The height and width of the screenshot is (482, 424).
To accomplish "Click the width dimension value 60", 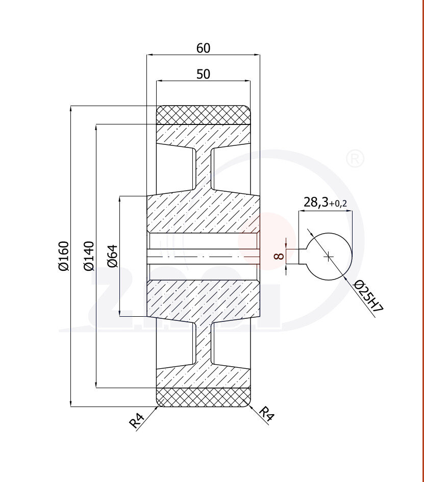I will coord(203,48).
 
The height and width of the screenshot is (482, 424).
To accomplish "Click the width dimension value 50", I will coord(203,74).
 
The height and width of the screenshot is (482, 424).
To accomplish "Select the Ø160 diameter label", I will coord(63,256).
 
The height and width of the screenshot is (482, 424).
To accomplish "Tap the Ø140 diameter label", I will coord(88,256).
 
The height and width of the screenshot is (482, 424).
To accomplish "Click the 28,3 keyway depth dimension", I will coord(316,202).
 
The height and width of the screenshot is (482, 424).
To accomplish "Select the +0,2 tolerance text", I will coord(338,204).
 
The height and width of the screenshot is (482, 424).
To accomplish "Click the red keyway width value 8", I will coord(279,256).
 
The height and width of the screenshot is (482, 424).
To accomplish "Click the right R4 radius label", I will coord(267,414).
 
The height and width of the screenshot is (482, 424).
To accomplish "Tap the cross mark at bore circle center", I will coord(329,256).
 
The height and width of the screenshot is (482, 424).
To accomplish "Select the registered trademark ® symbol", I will coord(355,159).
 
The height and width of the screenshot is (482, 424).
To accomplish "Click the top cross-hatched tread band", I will coord(203,115).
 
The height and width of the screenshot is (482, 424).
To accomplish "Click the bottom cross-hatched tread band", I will coord(203,397).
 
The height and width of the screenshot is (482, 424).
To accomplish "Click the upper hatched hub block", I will coord(203,212).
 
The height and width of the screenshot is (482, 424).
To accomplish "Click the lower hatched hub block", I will coord(203,300).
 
